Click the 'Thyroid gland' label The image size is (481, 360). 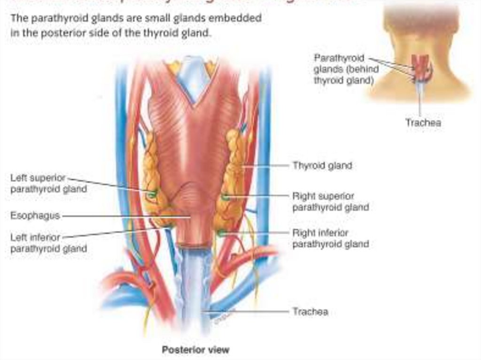tap(322, 166)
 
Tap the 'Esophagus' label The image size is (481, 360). tap(35, 216)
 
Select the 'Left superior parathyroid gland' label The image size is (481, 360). tap(48, 184)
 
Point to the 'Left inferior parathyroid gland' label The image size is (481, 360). tap(48, 243)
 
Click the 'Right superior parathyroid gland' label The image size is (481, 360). tap(330, 201)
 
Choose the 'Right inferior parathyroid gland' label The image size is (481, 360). tap(330, 238)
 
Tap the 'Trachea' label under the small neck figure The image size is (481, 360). tap(423, 123)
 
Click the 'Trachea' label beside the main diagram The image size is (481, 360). tap(310, 312)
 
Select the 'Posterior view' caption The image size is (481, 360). tap(195, 350)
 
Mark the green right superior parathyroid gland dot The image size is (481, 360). tap(225, 197)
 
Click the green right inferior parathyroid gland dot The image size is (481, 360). tap(221, 232)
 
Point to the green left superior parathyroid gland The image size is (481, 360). tap(151, 194)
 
